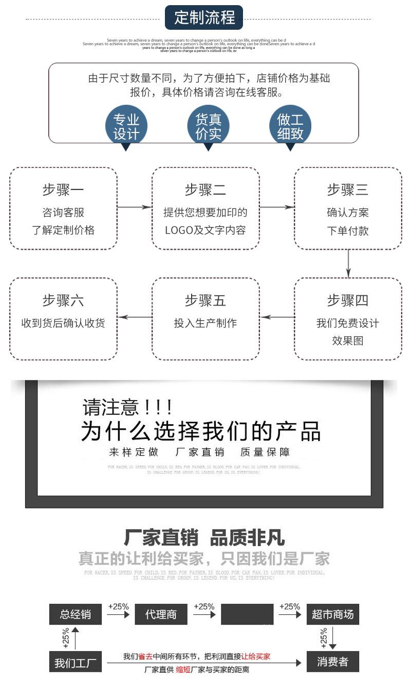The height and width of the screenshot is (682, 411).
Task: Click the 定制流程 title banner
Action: tap(204, 17)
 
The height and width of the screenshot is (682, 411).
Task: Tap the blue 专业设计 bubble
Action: tap(126, 126)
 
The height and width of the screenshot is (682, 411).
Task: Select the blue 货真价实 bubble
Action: tap(208, 126)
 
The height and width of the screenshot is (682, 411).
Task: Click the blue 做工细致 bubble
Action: tap(290, 126)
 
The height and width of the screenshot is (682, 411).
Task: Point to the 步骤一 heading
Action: tap(63, 190)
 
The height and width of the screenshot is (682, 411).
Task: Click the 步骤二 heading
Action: tap(206, 190)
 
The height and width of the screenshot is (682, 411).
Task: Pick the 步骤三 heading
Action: tap(348, 190)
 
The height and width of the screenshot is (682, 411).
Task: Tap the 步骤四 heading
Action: tap(348, 300)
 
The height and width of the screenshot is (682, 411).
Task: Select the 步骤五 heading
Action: tap(206, 300)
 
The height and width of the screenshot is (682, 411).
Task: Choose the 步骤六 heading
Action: tap(63, 300)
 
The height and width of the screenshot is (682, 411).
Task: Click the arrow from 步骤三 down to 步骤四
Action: tap(348, 263)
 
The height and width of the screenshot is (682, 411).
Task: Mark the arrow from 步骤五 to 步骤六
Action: tap(135, 317)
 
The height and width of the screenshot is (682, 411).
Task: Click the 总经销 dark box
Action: tap(76, 614)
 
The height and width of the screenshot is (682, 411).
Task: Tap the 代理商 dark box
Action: tap(161, 614)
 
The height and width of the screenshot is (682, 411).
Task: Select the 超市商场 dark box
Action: tap(333, 614)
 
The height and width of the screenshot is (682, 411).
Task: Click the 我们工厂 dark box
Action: tap(76, 662)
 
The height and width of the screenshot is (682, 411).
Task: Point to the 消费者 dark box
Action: tap(333, 662)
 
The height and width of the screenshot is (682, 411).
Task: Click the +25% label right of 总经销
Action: tap(118, 607)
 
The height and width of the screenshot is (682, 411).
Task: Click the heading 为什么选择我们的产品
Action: tap(200, 431)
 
